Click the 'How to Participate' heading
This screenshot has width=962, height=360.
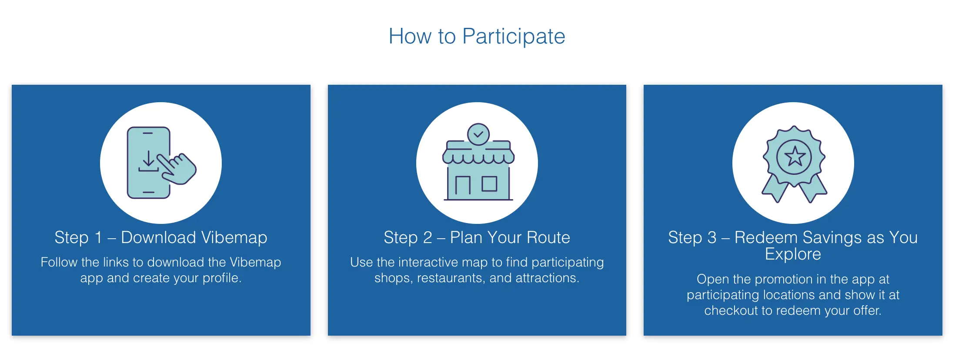(x=477, y=37)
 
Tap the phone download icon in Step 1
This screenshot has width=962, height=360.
(x=161, y=163)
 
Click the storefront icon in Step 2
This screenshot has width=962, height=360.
(x=478, y=162)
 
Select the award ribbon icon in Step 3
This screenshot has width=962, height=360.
(x=794, y=164)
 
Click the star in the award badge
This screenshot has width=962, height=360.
(x=795, y=157)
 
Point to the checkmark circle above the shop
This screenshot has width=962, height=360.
(x=478, y=134)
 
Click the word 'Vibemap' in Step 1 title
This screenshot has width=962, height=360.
(x=234, y=238)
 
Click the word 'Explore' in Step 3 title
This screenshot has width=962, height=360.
(x=793, y=254)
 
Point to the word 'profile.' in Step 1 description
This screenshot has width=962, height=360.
(x=222, y=278)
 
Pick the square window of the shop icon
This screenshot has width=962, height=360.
(x=489, y=184)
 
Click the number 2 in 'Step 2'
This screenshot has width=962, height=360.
(x=428, y=238)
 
